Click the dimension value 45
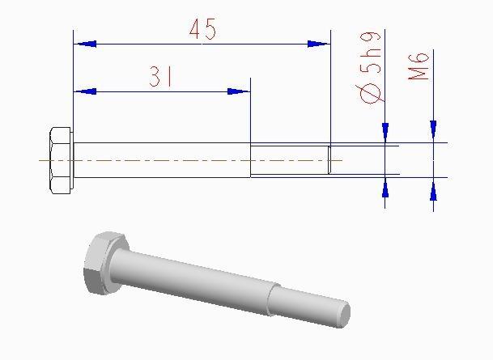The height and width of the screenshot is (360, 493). pyautogui.click(x=202, y=30)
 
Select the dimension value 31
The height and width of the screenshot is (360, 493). pyautogui.click(x=162, y=77)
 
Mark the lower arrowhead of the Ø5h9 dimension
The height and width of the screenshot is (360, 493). pyautogui.click(x=385, y=186)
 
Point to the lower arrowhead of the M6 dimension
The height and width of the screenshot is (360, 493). pyautogui.click(x=434, y=190)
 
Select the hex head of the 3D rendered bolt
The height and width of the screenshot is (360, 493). pyautogui.click(x=103, y=263)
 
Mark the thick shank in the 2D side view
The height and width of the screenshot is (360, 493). pyautogui.click(x=162, y=160)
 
